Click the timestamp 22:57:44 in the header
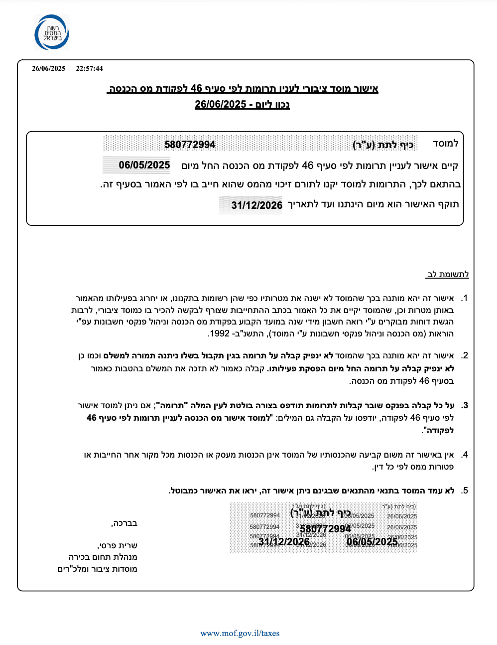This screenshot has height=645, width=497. tap(89, 68)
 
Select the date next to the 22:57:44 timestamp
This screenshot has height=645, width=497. tap(49, 68)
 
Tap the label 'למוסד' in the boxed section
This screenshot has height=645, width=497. tap(445, 144)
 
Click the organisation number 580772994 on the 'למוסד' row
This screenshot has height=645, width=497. tap(190, 145)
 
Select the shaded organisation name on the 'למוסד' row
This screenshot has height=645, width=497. tap(383, 145)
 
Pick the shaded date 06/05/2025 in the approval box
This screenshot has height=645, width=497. tap(144, 165)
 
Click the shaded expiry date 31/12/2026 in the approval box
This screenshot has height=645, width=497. tap(256, 205)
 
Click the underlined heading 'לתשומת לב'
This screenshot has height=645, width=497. tap(448, 274)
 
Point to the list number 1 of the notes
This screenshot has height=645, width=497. tap(464, 298)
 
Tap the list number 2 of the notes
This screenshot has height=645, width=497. tap(464, 355)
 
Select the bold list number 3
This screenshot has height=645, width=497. tap(464, 405)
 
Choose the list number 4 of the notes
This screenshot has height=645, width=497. tap(464, 455)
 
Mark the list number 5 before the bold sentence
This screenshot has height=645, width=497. tap(464, 490)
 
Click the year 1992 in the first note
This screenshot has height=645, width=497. tap(220, 333)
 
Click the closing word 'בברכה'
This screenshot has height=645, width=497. tap(124, 523)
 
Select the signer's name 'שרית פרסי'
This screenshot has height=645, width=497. tap(118, 545)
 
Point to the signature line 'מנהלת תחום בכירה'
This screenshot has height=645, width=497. tap(103, 557)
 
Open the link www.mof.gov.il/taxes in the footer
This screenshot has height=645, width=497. tap(240, 633)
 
